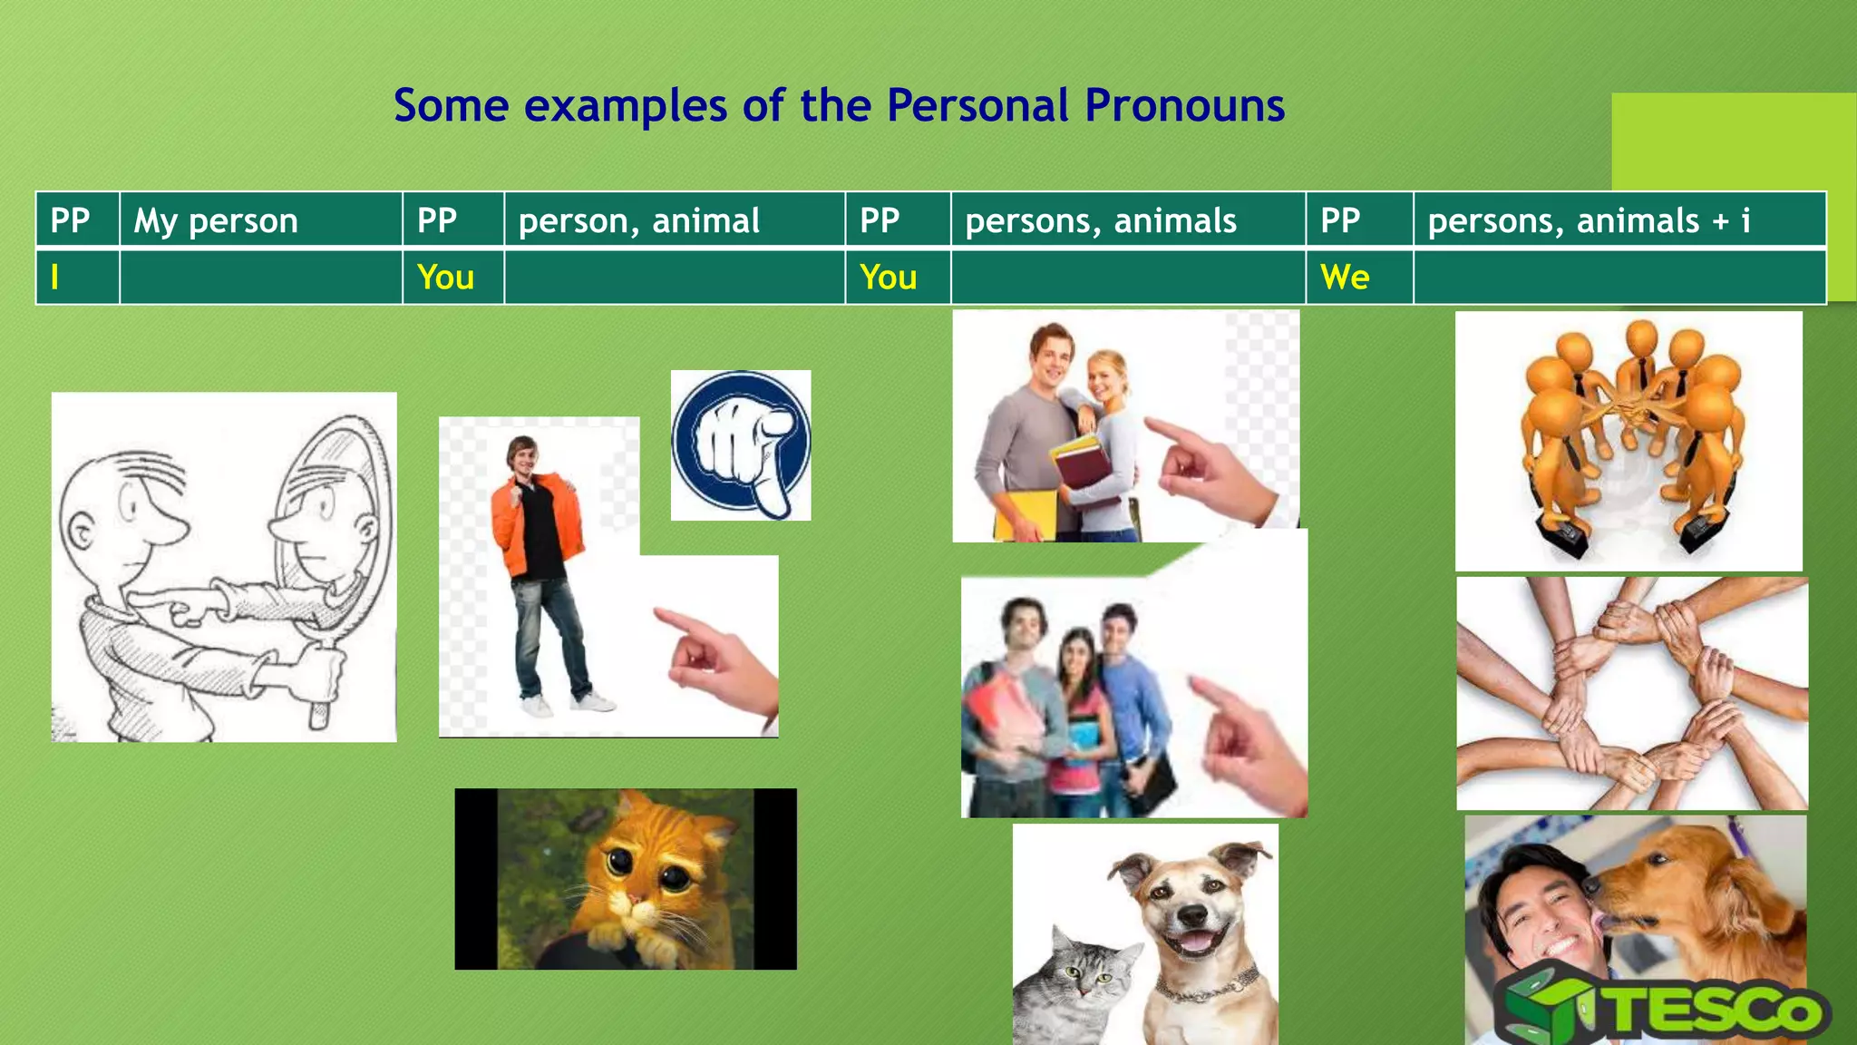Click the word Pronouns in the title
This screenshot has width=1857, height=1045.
coord(1184,106)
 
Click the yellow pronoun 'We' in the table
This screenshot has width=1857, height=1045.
coord(1345,278)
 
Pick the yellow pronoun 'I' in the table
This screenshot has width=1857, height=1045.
coord(54,278)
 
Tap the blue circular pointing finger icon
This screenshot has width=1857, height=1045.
coord(741,445)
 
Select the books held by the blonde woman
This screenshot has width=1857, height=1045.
coord(1084,463)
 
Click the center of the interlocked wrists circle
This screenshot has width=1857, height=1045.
coord(1632,694)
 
